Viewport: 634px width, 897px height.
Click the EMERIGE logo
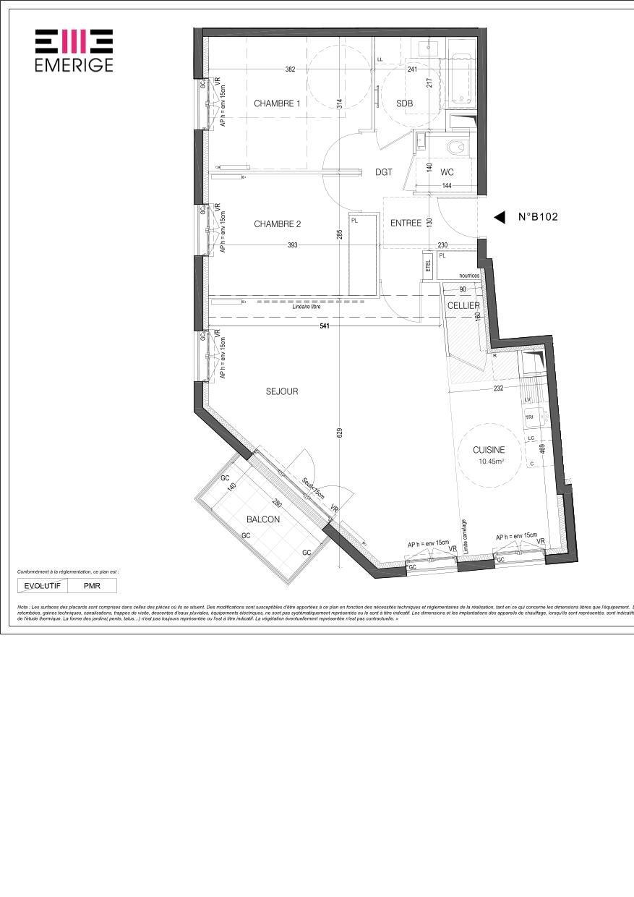[x=74, y=50]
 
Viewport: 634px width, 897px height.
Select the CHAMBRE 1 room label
[x=277, y=103]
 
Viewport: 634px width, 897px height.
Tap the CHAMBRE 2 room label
[x=277, y=224]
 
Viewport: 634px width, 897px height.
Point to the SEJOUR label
[x=282, y=391]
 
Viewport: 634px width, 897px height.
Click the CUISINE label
[x=489, y=450]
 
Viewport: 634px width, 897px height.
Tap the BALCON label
[x=262, y=519]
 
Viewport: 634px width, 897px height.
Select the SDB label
[x=405, y=103]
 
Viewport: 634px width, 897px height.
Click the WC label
[x=447, y=172]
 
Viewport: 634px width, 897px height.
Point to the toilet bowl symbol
[x=456, y=148]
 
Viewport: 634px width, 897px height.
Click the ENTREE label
[x=406, y=224]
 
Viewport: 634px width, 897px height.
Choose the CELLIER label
[x=463, y=306]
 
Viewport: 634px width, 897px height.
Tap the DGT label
[x=384, y=172]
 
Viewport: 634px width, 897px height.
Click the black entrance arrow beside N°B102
[x=499, y=217]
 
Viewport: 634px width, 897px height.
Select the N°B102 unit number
[x=538, y=216]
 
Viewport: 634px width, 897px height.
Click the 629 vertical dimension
[x=340, y=433]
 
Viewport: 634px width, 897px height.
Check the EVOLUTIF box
[x=42, y=586]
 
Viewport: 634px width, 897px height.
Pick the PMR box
[x=92, y=586]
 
